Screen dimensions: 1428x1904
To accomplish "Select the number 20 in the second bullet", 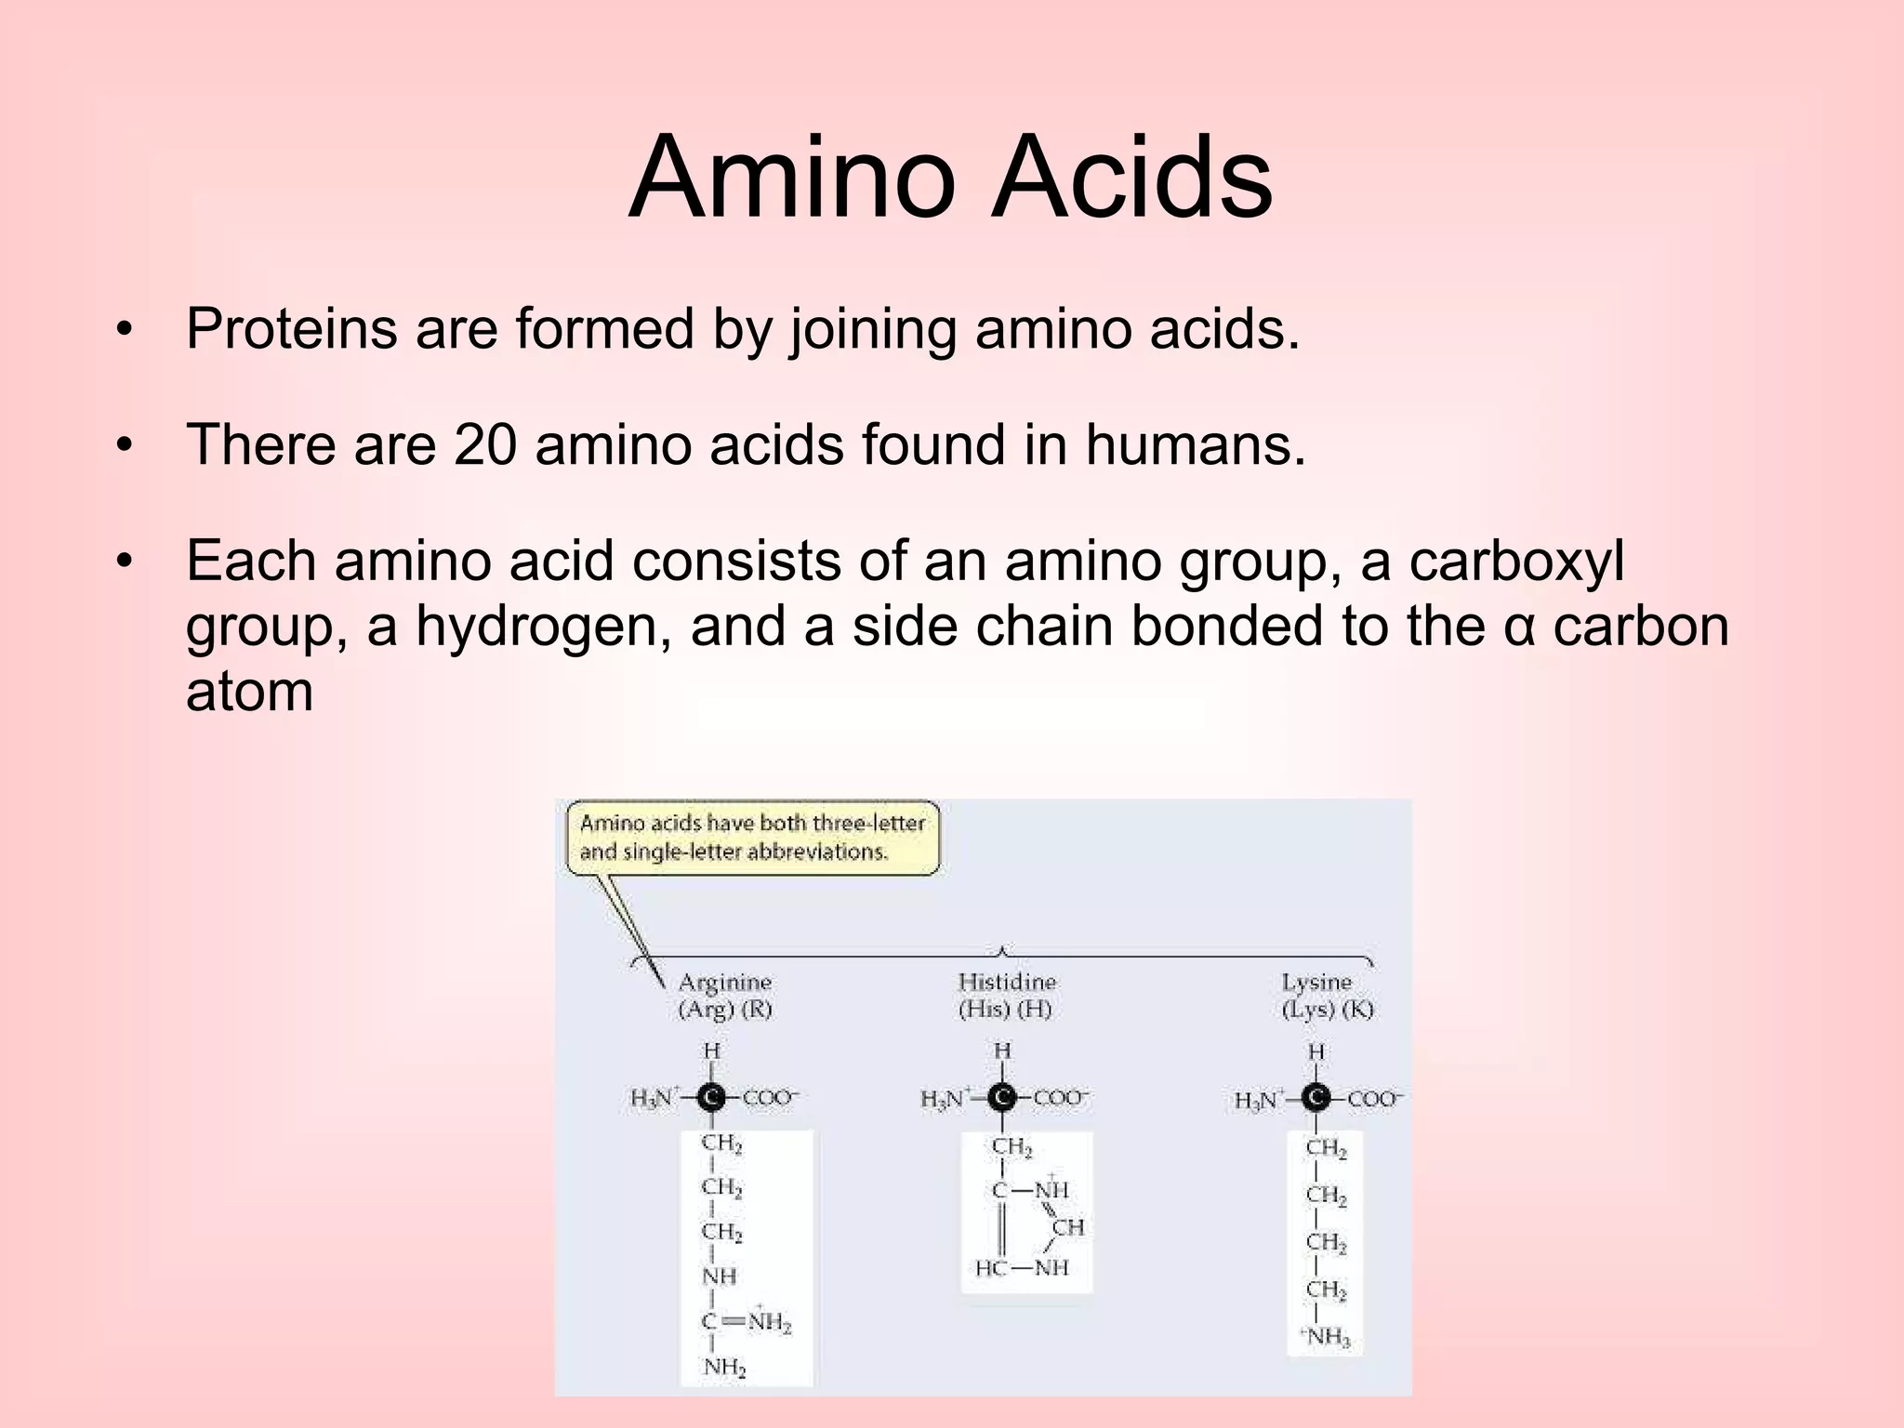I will pyautogui.click(x=484, y=444).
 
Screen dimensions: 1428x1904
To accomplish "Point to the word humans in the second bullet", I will pyautogui.click(x=1195, y=444).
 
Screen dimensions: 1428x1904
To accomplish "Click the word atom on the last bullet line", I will pyautogui.click(x=249, y=692).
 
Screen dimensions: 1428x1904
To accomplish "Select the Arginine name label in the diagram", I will pyautogui.click(x=725, y=983).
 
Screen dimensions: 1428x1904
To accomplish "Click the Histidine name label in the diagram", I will pyautogui.click(x=1007, y=983).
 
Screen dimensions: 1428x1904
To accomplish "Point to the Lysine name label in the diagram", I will pyautogui.click(x=1316, y=983).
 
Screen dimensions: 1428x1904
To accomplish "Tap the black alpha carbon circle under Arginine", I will pyautogui.click(x=712, y=1098).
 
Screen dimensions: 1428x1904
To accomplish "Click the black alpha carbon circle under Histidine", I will pyautogui.click(x=1002, y=1098).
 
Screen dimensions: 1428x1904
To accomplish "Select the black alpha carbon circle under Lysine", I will pyautogui.click(x=1316, y=1099).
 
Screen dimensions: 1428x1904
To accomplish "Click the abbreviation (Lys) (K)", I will pyautogui.click(x=1327, y=1010).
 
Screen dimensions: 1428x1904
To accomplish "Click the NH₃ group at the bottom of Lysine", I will pyautogui.click(x=1328, y=1337).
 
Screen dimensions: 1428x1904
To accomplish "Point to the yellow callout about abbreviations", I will pyautogui.click(x=752, y=838).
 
